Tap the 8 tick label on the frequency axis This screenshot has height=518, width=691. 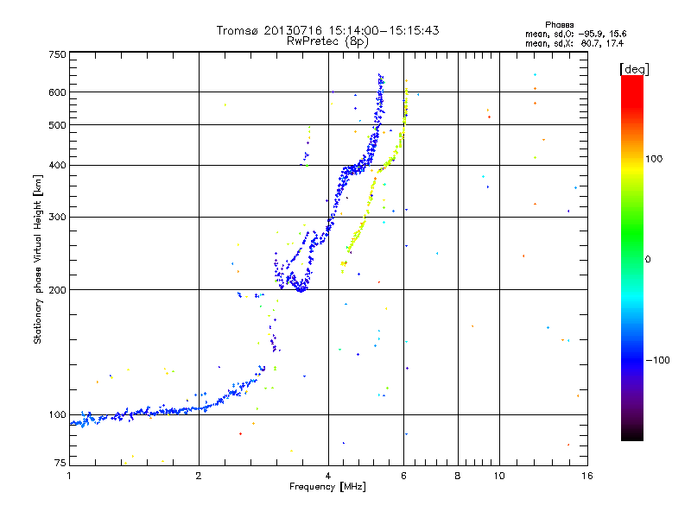458,476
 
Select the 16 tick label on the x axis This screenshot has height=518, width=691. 586,476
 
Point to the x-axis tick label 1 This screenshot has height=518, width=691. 69,476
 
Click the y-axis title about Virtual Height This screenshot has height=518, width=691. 38,259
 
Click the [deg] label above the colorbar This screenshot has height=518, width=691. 635,68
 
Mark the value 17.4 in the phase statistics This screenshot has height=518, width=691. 615,42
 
